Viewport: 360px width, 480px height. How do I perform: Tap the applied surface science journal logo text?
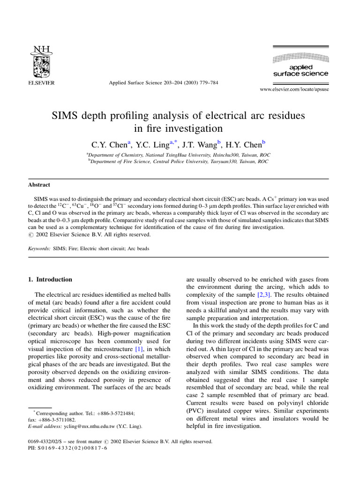click(x=300, y=70)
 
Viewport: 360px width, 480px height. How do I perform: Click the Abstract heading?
click(x=39, y=185)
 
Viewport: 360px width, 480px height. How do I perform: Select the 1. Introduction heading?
click(x=51, y=279)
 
